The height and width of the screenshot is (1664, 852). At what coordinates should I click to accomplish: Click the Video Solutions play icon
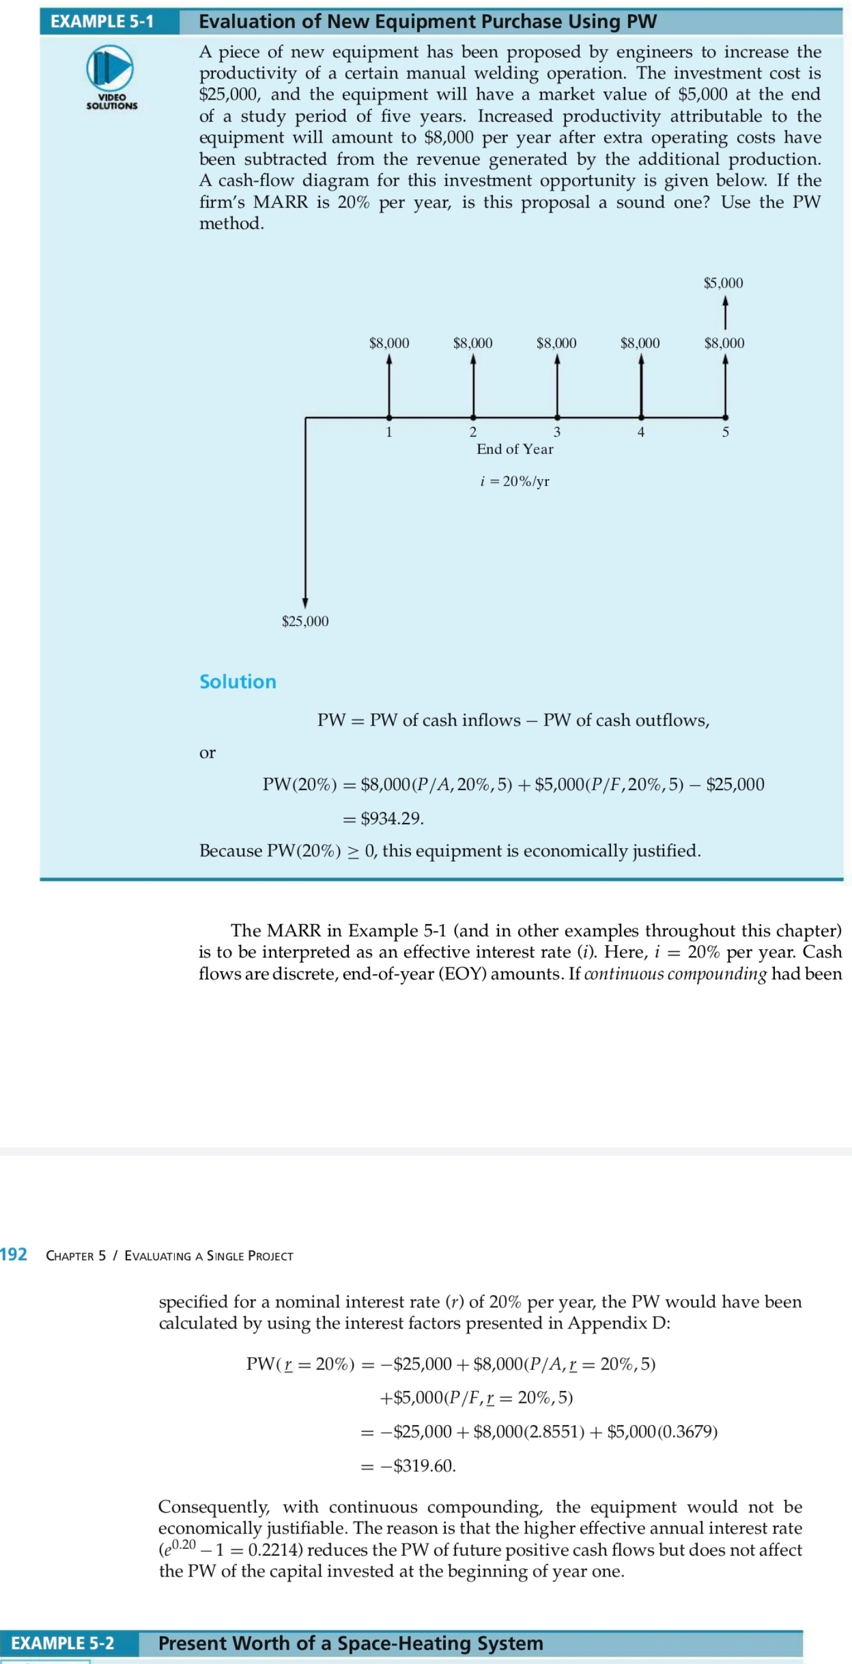click(x=110, y=67)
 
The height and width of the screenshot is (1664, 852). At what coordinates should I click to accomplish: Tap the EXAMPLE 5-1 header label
click(x=102, y=22)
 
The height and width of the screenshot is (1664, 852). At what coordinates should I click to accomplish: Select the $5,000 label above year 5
click(x=723, y=283)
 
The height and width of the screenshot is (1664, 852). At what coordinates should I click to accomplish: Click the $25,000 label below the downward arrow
click(x=305, y=621)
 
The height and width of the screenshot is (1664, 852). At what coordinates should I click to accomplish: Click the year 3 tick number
click(x=556, y=432)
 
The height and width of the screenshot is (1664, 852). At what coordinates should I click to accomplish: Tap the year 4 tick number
click(x=640, y=432)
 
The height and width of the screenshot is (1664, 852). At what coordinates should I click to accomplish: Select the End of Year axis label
click(x=515, y=449)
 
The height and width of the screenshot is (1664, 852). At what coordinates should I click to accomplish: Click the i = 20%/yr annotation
click(x=515, y=481)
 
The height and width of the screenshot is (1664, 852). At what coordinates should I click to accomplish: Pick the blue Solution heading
click(x=238, y=682)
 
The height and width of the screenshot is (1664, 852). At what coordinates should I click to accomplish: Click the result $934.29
click(x=391, y=818)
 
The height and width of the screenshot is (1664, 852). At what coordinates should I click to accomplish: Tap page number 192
click(x=14, y=1254)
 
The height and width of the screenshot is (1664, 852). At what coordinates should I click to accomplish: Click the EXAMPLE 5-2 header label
click(x=63, y=1642)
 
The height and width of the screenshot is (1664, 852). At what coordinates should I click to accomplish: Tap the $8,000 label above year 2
click(x=473, y=343)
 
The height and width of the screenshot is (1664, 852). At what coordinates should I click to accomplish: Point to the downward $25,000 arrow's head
click(x=305, y=603)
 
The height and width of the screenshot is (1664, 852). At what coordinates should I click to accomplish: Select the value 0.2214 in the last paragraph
click(x=276, y=1550)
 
